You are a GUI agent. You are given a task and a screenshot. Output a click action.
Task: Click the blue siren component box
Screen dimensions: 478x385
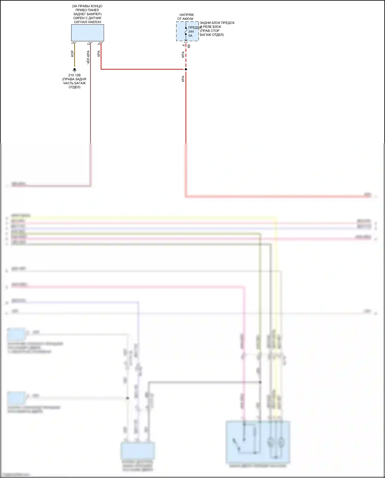(x=88, y=33)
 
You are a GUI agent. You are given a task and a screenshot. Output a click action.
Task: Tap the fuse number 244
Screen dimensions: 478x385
(x=191, y=32)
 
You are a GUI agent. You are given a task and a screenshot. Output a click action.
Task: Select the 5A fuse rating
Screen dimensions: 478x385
(x=190, y=36)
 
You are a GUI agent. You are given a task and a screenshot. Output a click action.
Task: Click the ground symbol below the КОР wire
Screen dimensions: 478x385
(x=75, y=70)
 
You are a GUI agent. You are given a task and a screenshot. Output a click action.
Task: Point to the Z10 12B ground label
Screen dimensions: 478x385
(x=74, y=75)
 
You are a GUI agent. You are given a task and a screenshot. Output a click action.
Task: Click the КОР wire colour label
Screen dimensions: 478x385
(x=72, y=54)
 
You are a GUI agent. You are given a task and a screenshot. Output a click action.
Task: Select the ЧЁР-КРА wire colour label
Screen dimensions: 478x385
(x=88, y=57)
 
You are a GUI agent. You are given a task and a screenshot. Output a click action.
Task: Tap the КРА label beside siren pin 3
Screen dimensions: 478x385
(x=99, y=54)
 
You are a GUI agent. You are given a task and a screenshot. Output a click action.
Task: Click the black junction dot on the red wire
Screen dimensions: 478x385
(x=186, y=69)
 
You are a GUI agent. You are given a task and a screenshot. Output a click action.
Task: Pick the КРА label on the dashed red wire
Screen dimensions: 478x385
(x=183, y=54)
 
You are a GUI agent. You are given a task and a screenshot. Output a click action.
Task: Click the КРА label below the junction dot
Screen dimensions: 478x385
(x=183, y=79)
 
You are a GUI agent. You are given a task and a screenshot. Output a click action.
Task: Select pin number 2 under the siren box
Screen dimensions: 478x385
(x=88, y=44)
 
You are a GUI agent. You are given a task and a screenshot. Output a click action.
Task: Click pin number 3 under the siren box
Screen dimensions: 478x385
(x=99, y=44)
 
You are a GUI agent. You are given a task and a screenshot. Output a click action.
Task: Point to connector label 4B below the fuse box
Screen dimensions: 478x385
(x=189, y=46)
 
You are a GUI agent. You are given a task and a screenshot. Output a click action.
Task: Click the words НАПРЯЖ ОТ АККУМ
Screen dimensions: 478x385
(x=186, y=17)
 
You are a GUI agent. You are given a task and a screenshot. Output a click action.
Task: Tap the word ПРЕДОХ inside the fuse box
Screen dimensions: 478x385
(x=194, y=27)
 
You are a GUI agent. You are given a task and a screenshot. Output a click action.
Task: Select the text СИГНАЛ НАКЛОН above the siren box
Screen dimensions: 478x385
(x=87, y=22)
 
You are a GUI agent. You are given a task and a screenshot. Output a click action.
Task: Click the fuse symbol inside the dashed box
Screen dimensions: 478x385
(x=186, y=31)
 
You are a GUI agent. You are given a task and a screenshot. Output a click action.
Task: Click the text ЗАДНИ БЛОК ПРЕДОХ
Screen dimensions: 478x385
(x=217, y=23)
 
